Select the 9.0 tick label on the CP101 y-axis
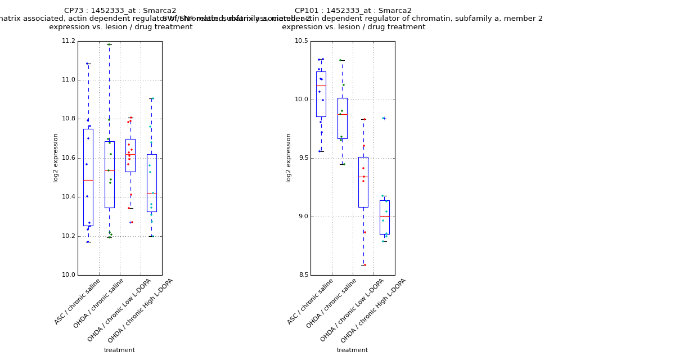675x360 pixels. tap(302, 217)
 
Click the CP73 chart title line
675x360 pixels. tap(120, 11)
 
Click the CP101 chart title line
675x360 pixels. tap(353, 11)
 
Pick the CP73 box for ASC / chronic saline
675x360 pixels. tap(88, 177)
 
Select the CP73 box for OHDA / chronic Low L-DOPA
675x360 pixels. tap(130, 155)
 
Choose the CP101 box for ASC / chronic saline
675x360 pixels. tap(321, 94)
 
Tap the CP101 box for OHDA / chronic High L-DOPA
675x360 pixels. tap(384, 217)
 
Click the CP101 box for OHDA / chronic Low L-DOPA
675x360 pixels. tap(363, 182)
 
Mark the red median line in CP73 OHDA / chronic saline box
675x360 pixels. tap(109, 170)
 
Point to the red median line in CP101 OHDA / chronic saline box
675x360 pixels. tap(342, 114)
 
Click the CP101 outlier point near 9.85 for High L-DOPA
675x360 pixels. tap(384, 118)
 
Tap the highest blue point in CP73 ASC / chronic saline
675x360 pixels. tap(87, 64)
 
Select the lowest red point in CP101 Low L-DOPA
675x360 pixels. tap(364, 265)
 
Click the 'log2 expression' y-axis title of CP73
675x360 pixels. tap(56, 157)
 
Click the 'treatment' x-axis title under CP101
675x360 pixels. tap(352, 350)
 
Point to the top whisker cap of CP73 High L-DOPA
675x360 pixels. tap(151, 98)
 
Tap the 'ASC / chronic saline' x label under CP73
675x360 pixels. tap(78, 301)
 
